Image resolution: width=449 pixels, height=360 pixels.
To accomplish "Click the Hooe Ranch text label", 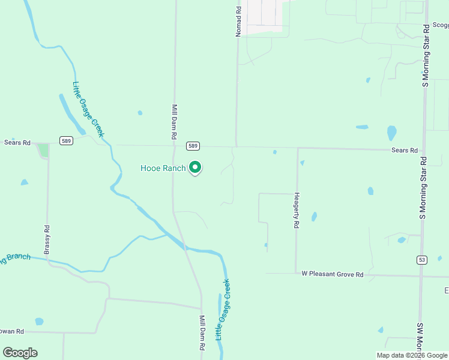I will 163,169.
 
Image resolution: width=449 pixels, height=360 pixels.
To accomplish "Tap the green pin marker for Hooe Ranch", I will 195,168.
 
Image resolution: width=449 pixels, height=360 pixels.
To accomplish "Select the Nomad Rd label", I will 238,22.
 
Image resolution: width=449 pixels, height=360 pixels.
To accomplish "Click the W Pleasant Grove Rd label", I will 333,274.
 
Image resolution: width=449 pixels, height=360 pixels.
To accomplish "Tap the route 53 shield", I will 423,259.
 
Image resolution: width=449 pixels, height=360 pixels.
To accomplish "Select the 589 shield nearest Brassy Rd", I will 66,140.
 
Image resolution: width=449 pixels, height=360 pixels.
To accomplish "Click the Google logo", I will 20,353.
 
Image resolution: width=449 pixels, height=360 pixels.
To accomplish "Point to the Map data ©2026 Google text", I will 412,355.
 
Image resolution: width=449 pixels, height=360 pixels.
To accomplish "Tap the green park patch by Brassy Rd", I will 43,150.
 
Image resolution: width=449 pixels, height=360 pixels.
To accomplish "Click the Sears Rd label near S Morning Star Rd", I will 404,151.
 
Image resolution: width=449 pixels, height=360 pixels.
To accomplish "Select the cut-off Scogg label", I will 440,25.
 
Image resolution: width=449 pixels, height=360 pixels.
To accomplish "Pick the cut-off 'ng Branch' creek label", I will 15,258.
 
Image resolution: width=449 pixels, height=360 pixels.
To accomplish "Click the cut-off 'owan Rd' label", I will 12,331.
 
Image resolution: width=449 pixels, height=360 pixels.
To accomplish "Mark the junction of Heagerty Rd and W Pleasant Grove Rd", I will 295,274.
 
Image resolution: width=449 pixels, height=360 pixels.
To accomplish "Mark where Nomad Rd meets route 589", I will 236,146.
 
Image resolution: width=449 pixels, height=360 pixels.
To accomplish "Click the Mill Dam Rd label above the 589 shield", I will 174,122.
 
